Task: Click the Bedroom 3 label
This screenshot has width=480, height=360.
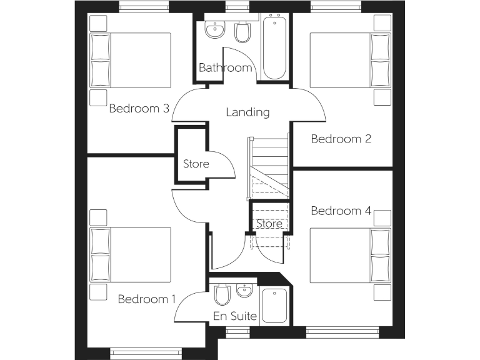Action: point(139,108)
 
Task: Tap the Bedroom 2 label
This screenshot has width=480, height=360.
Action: point(341,139)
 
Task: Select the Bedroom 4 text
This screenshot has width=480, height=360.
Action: point(341,211)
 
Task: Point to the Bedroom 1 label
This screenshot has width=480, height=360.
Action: point(147,299)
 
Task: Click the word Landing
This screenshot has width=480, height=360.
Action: point(247,112)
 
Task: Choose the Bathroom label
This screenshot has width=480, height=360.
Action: point(225,67)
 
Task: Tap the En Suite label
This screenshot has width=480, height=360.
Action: point(235,316)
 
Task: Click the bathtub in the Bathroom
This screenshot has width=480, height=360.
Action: point(274,49)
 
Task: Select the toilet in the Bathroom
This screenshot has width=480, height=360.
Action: point(242,31)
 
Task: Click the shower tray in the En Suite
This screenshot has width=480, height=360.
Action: point(274,306)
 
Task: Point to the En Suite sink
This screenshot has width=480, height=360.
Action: point(244,290)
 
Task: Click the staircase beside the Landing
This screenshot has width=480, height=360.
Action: point(269,166)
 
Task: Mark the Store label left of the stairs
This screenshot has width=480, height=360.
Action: point(196,164)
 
